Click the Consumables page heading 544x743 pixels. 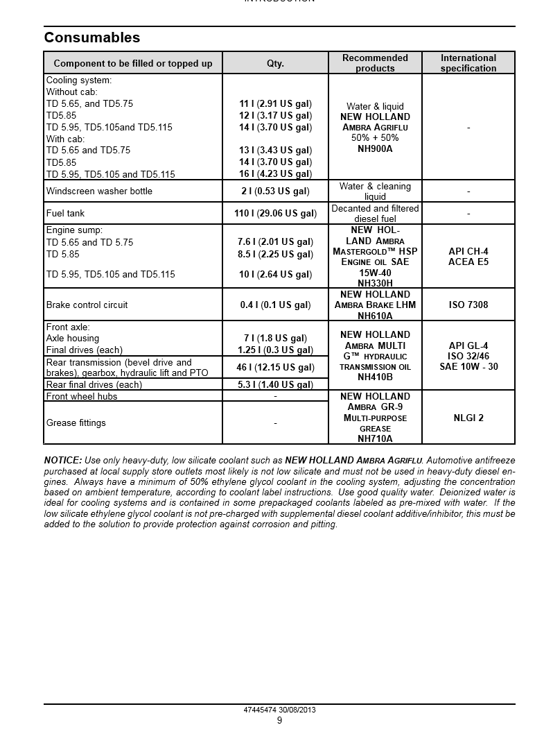pyautogui.click(x=92, y=37)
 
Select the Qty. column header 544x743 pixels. pyautogui.click(x=275, y=63)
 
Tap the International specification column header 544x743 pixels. pyautogui.click(x=468, y=63)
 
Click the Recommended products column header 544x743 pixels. pyautogui.click(x=375, y=63)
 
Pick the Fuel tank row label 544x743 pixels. pyautogui.click(x=65, y=213)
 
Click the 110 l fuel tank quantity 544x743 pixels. pyautogui.click(x=275, y=213)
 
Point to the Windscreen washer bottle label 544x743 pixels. pyautogui.click(x=99, y=191)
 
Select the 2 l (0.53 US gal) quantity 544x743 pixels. pyautogui.click(x=275, y=191)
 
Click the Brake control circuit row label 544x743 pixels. pyautogui.click(x=87, y=305)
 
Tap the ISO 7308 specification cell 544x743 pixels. pyautogui.click(x=468, y=305)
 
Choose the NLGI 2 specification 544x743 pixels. pyautogui.click(x=468, y=418)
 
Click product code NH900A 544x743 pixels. pyautogui.click(x=375, y=148)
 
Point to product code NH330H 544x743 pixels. pyautogui.click(x=375, y=283)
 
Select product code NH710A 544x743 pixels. pyautogui.click(x=375, y=438)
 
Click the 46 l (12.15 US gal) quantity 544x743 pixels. pyautogui.click(x=275, y=367)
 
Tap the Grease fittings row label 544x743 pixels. pyautogui.click(x=76, y=422)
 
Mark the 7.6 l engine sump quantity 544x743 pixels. pyautogui.click(x=275, y=242)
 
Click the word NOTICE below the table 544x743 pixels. pyautogui.click(x=62, y=460)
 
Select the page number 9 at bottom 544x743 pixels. pyautogui.click(x=279, y=720)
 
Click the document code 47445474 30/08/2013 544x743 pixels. pyautogui.click(x=279, y=710)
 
